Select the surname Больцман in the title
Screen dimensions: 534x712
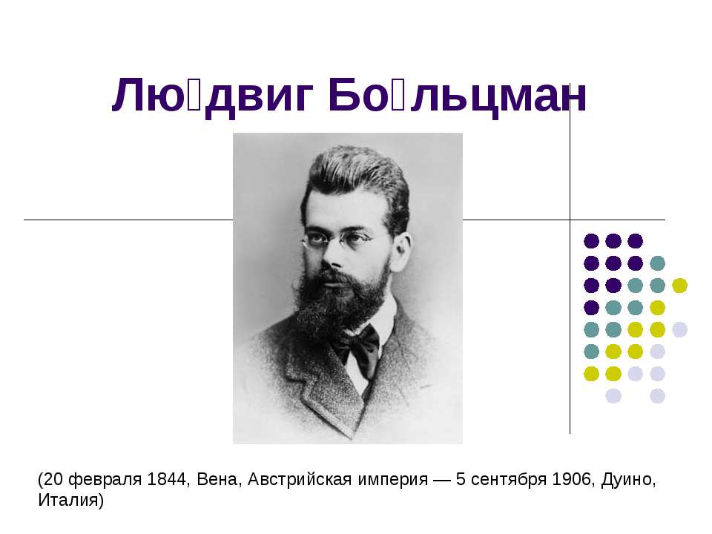(x=457, y=96)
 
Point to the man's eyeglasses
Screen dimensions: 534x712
(x=337, y=240)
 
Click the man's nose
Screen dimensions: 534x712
(x=332, y=256)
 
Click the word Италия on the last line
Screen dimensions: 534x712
(x=70, y=501)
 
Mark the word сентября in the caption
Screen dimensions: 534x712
(x=510, y=481)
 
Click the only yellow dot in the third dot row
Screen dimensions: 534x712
(x=679, y=285)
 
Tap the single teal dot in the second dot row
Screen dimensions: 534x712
(x=657, y=263)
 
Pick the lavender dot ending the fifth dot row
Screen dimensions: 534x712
(x=679, y=329)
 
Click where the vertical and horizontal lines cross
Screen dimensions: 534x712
(x=570, y=220)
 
